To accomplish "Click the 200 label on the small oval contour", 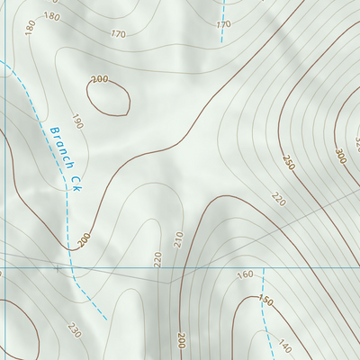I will tap(99, 79).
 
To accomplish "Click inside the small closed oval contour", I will tap(109, 97).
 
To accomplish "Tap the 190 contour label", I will tap(76, 121).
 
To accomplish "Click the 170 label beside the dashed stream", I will tap(224, 23).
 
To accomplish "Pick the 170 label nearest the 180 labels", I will tap(118, 34).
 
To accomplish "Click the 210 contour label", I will tap(178, 238).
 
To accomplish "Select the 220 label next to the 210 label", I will tap(157, 259).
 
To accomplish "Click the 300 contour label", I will tap(339, 156).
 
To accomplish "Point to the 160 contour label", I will tap(244, 275).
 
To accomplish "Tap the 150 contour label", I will tap(265, 300).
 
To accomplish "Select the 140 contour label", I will tap(284, 346).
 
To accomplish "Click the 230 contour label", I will tap(73, 331).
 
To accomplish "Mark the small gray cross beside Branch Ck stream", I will tap(59, 267).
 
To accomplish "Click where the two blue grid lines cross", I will tap(1, 268).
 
